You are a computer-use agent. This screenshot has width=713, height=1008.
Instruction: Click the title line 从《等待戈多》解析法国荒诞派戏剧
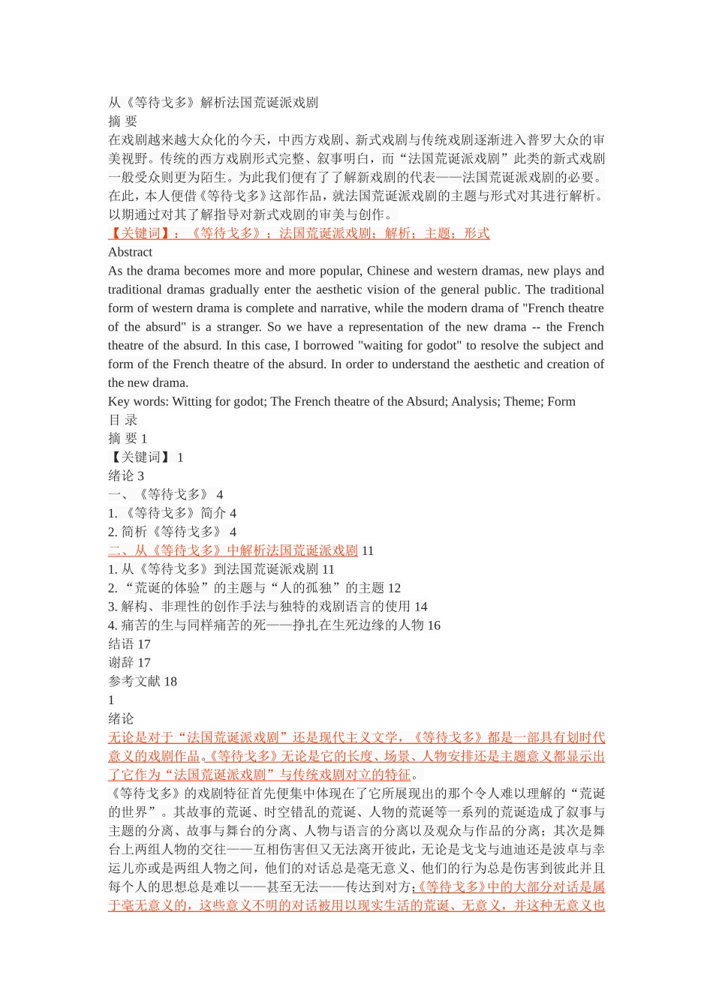(x=213, y=103)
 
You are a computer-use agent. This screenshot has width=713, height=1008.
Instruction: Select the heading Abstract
(x=130, y=252)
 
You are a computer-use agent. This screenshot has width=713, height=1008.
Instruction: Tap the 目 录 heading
(x=123, y=420)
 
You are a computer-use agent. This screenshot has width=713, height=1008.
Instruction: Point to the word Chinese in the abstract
(x=388, y=271)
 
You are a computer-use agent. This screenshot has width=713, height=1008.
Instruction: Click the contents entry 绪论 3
(x=126, y=476)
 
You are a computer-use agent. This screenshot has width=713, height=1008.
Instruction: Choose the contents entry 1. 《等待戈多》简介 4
(x=172, y=514)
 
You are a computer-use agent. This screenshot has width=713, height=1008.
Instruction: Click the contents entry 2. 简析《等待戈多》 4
(x=172, y=532)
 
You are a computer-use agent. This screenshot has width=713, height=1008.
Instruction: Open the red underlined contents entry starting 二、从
(x=233, y=550)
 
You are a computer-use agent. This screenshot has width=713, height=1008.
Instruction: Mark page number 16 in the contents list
(x=434, y=625)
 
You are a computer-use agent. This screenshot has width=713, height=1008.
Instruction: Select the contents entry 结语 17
(x=129, y=644)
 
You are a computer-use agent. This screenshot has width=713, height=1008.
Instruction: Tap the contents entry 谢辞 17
(x=129, y=663)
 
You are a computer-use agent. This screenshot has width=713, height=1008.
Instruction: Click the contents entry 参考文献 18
(x=143, y=682)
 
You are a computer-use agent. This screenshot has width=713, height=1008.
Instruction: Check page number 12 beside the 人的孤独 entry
(x=394, y=588)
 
